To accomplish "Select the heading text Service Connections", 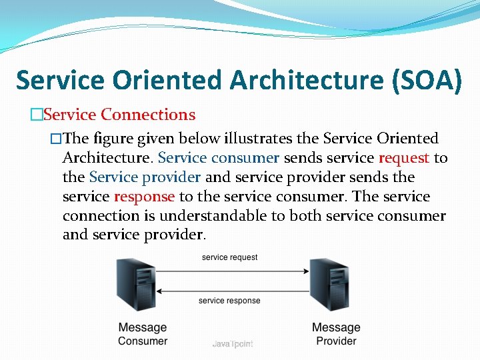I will point(119,115).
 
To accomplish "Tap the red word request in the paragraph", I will point(404,158).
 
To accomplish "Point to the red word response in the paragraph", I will point(144,197).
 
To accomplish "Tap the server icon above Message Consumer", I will point(136,285).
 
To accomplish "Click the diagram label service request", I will point(229,257).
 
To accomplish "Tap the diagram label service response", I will point(229,301).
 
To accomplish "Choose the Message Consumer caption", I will point(143,334).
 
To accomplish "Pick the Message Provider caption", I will point(336,334).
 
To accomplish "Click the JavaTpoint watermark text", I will point(233,343).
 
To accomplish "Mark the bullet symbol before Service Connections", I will point(36,115).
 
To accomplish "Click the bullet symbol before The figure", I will point(56,139).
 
